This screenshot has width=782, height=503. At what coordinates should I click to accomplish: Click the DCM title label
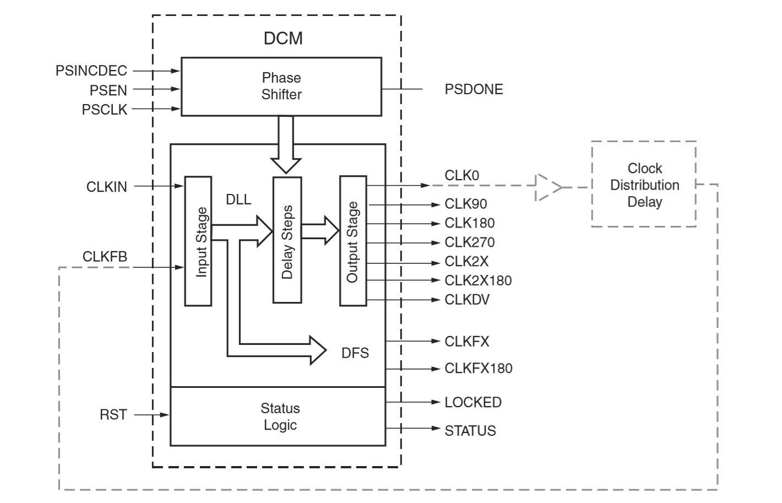click(x=283, y=38)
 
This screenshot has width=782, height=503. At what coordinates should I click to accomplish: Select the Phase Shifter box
click(x=281, y=86)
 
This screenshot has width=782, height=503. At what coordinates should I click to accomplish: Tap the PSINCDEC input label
click(x=91, y=71)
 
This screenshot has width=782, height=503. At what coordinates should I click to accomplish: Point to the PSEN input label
click(x=108, y=90)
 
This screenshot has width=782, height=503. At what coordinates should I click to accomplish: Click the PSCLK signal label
click(x=105, y=110)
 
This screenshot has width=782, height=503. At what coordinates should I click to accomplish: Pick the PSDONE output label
click(x=474, y=89)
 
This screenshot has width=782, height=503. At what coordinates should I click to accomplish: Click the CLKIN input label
click(x=107, y=187)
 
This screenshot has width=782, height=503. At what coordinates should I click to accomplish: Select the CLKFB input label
click(x=105, y=257)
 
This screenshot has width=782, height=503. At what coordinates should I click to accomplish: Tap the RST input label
click(x=113, y=414)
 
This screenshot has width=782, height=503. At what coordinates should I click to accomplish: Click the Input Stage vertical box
click(x=198, y=241)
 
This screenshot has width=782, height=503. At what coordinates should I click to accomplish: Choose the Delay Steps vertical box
click(x=287, y=240)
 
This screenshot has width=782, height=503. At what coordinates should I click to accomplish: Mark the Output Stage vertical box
click(x=353, y=241)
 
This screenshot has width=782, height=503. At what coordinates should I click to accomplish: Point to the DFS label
click(x=355, y=353)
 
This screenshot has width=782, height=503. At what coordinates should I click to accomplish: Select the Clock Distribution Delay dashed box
click(x=644, y=185)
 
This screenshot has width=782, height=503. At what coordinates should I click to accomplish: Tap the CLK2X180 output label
click(x=478, y=280)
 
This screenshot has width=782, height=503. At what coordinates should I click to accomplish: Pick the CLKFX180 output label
click(x=478, y=368)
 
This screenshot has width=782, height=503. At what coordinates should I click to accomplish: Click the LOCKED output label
click(x=473, y=402)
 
